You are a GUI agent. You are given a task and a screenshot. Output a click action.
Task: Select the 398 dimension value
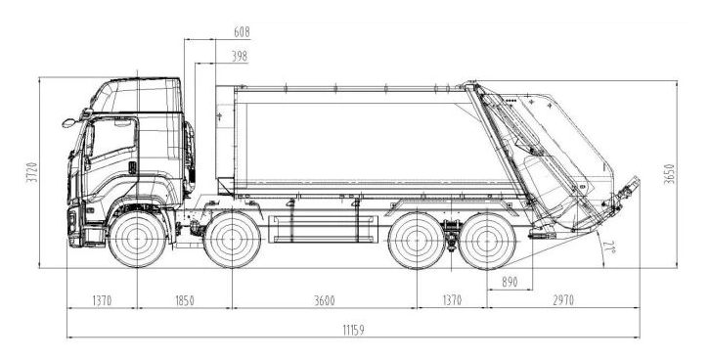tap(240, 56)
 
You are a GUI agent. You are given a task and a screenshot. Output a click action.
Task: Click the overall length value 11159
tap(353, 330)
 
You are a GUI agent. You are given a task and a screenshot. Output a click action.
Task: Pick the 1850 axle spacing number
tap(183, 299)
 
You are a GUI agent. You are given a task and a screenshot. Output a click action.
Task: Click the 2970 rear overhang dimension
tap(561, 299)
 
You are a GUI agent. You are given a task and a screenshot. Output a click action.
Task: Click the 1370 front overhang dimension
tap(102, 299)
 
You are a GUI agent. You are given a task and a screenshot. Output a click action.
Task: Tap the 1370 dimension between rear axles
tap(451, 299)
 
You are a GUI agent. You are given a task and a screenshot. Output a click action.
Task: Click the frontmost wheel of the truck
tap(136, 238)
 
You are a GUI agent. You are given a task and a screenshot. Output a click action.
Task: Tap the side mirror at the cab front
tap(68, 123)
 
